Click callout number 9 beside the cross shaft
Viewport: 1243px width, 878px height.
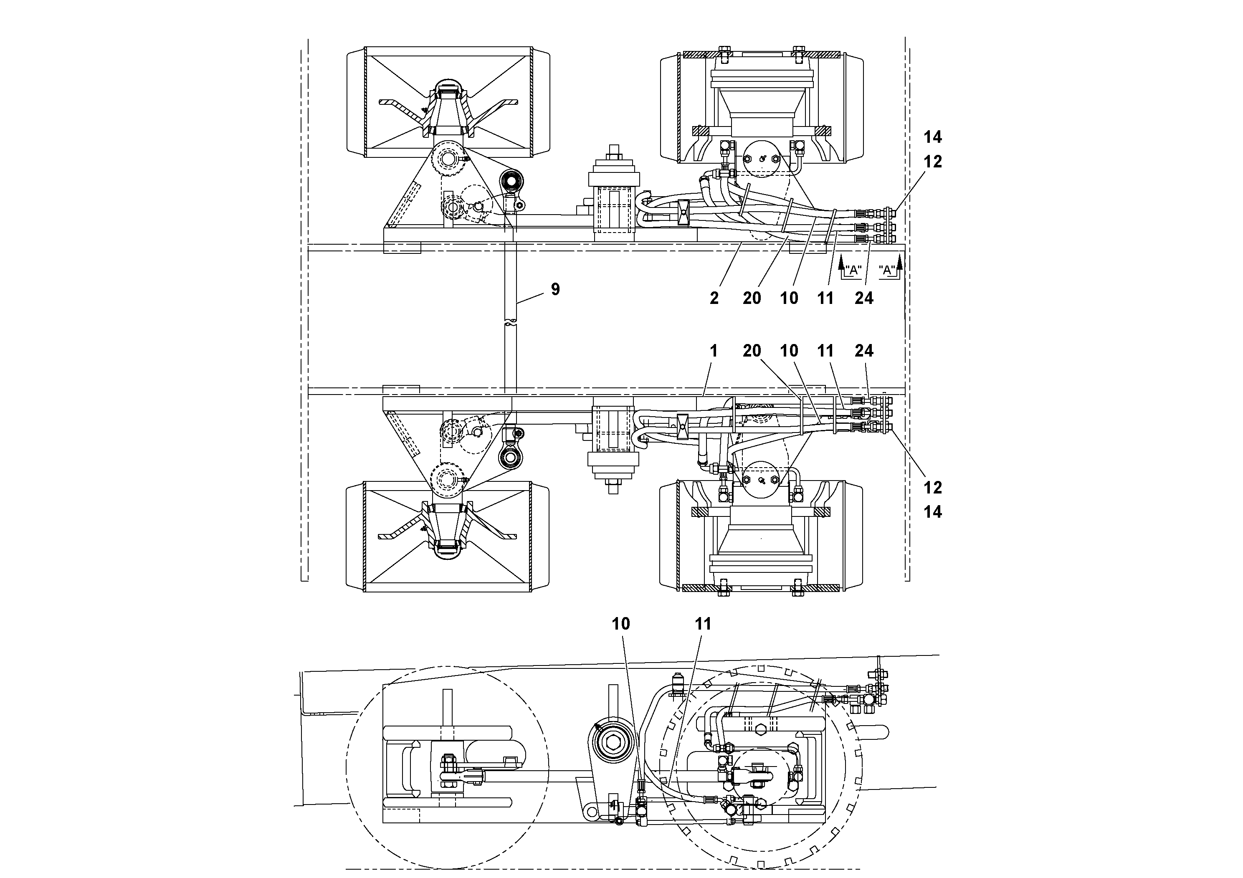555,290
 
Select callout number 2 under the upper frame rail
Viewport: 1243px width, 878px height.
714,298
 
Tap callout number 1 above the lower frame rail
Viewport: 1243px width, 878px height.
714,351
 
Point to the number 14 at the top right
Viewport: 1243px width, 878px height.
932,137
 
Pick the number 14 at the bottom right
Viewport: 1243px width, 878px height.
932,512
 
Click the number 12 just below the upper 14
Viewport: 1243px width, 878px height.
932,162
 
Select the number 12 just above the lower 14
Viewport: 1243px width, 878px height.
932,488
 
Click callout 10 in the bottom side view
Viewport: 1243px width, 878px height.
621,624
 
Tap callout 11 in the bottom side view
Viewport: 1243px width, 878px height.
703,624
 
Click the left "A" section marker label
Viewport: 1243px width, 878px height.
853,270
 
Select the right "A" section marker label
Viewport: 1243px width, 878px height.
887,270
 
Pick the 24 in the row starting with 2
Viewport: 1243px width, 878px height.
863,298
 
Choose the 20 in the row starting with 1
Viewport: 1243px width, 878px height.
752,351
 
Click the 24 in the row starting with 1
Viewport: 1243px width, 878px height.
863,351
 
